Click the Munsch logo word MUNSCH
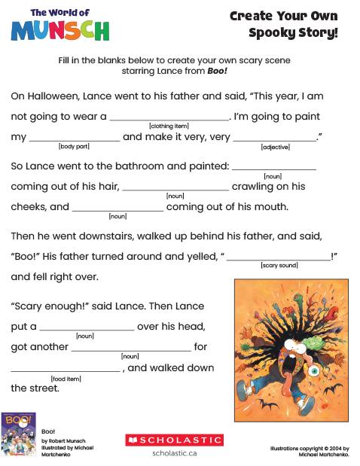pyautogui.click(x=59, y=31)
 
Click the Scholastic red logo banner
pyautogui.click(x=174, y=440)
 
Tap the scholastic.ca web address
pyautogui.click(x=174, y=453)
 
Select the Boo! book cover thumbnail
pyautogui.click(x=19, y=434)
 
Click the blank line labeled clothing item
pyautogui.click(x=169, y=119)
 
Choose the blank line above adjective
pyautogui.click(x=275, y=140)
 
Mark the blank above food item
pyautogui.click(x=66, y=371)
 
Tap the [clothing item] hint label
pyautogui.click(x=169, y=126)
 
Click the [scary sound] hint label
pyautogui.click(x=279, y=266)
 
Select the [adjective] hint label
pyautogui.click(x=275, y=147)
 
